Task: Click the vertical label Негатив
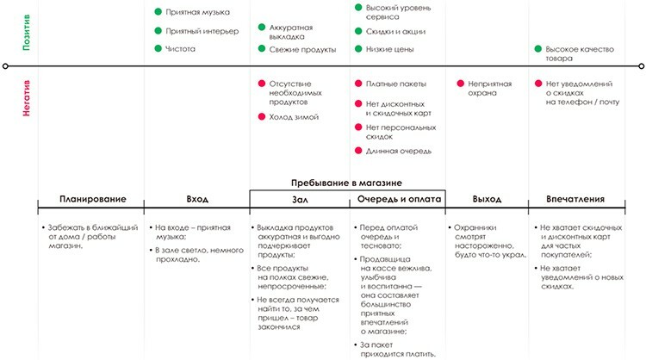tap(28, 112)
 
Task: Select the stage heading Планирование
tap(93, 199)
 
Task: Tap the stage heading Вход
tap(197, 199)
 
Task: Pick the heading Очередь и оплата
tap(399, 199)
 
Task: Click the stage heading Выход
tap(487, 199)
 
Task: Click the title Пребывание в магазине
tap(348, 183)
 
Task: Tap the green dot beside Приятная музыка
tap(158, 12)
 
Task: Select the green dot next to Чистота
tap(158, 49)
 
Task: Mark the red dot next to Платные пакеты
tap(358, 84)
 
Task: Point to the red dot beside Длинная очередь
tap(358, 151)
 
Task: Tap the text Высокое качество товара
tap(575, 54)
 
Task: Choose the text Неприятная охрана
tap(490, 89)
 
